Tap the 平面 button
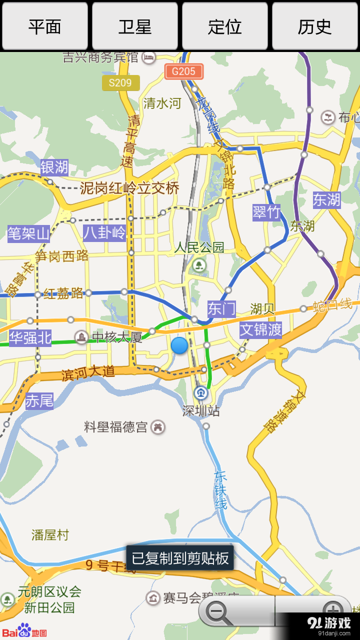[45, 26]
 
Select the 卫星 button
[135, 26]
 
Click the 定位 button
[225, 26]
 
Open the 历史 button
[315, 26]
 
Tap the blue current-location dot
[179, 345]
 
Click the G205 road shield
[183, 71]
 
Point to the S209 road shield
[120, 82]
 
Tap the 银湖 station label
[54, 167]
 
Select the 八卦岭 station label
[104, 232]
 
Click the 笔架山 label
[28, 233]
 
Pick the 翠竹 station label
[266, 211]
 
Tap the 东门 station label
[221, 308]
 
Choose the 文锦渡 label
[260, 330]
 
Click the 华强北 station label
[30, 337]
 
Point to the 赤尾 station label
[39, 400]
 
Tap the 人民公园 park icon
[199, 265]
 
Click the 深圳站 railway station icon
[201, 393]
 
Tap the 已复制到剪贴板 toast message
[180, 558]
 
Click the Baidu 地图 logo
[25, 631]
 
